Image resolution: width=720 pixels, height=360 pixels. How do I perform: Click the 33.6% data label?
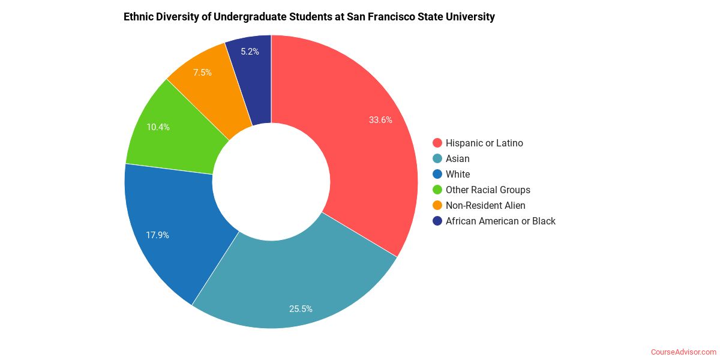click(380, 119)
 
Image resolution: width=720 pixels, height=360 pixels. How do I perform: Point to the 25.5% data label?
click(301, 309)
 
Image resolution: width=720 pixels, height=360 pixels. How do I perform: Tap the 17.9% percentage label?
click(157, 235)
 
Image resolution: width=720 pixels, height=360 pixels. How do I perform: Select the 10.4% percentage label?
click(158, 127)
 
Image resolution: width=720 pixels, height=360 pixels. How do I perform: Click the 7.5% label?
click(202, 73)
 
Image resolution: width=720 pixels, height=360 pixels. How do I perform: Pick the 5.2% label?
click(250, 52)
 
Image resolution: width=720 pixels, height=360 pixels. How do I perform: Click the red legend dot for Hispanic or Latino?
click(437, 143)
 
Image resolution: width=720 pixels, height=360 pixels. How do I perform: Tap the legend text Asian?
click(457, 158)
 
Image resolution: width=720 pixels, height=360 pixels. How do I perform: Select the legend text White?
click(457, 174)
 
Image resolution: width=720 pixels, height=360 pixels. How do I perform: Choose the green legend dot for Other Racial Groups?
click(437, 190)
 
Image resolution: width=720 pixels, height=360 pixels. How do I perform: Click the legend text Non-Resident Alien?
click(485, 205)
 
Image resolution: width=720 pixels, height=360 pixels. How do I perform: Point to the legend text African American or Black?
click(500, 221)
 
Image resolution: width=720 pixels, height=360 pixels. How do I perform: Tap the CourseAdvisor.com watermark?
click(683, 352)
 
